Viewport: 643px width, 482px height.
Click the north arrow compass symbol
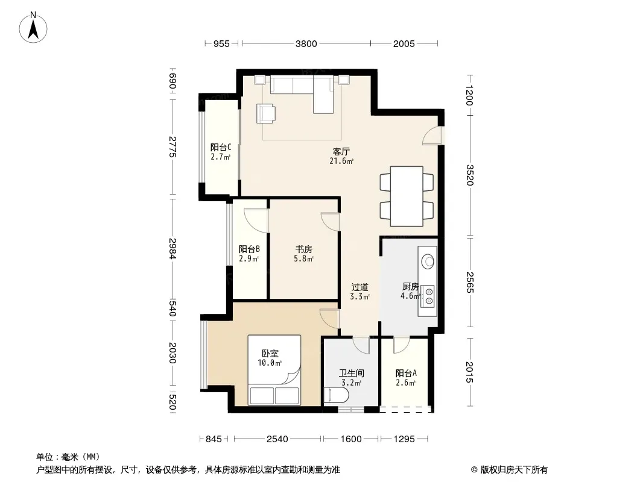[x=33, y=28]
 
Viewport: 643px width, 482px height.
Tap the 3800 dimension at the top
[x=306, y=44]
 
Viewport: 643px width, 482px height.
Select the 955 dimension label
[x=221, y=44]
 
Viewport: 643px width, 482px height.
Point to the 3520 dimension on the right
[x=469, y=175]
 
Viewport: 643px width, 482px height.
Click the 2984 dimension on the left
[x=173, y=249]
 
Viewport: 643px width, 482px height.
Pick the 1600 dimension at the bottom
[x=351, y=439]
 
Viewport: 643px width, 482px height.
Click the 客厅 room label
[x=341, y=151]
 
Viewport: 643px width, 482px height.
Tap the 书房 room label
[x=304, y=249]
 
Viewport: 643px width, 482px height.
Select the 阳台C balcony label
[x=221, y=147]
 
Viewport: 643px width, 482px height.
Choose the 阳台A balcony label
[x=406, y=373]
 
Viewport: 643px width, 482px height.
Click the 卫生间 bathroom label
[x=352, y=373]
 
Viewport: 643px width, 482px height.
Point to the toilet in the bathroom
[x=336, y=396]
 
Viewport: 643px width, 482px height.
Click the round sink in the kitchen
[x=428, y=261]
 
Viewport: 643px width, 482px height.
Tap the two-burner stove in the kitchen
[x=428, y=296]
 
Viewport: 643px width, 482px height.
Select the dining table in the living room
[x=407, y=196]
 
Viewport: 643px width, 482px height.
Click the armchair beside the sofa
[x=266, y=113]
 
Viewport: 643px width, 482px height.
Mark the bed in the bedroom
[x=274, y=370]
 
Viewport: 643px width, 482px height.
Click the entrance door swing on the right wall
[x=433, y=136]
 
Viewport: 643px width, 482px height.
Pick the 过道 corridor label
[x=360, y=287]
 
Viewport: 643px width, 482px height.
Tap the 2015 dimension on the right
[x=469, y=372]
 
